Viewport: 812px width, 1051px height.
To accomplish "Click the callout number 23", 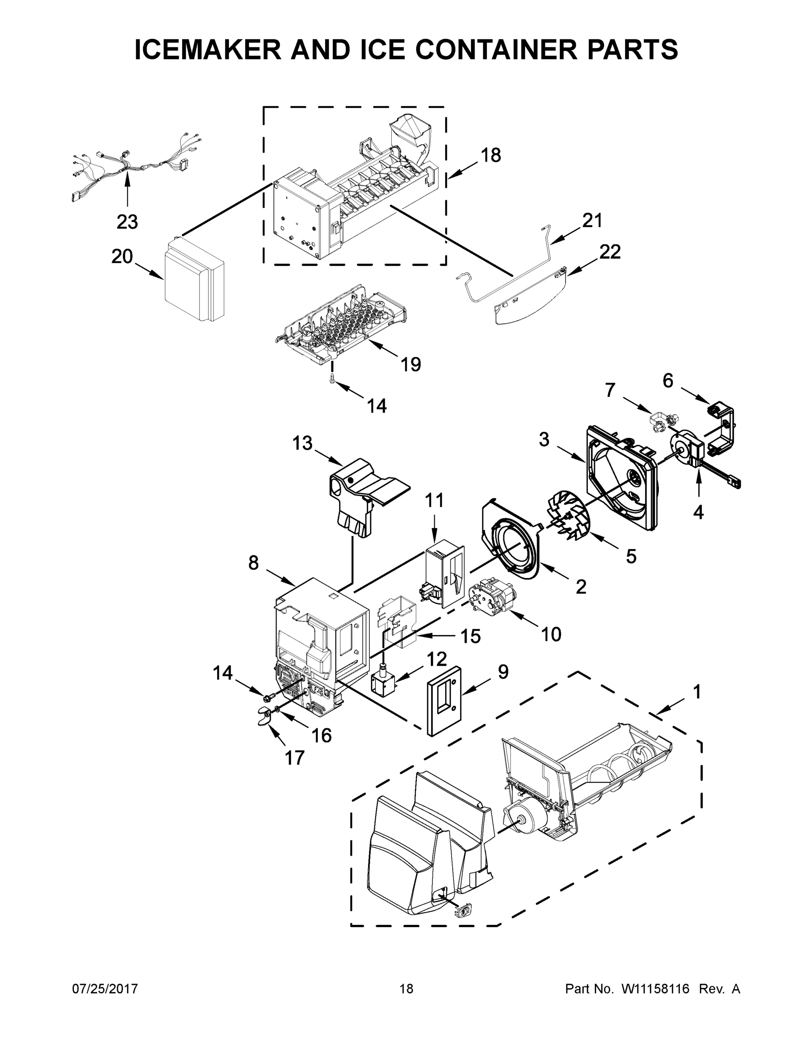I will click(127, 222).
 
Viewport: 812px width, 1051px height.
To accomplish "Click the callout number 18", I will click(491, 155).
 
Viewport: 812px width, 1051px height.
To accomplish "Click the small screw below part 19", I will click(332, 380).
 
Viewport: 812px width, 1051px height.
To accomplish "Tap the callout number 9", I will click(503, 672).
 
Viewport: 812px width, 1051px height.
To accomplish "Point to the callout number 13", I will click(302, 443).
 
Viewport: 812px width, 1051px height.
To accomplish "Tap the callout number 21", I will click(592, 220).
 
